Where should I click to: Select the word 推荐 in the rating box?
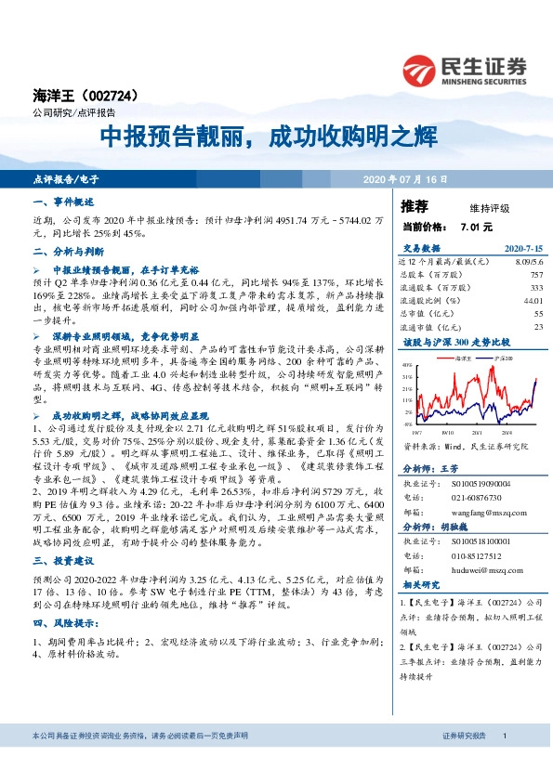coord(414,205)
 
